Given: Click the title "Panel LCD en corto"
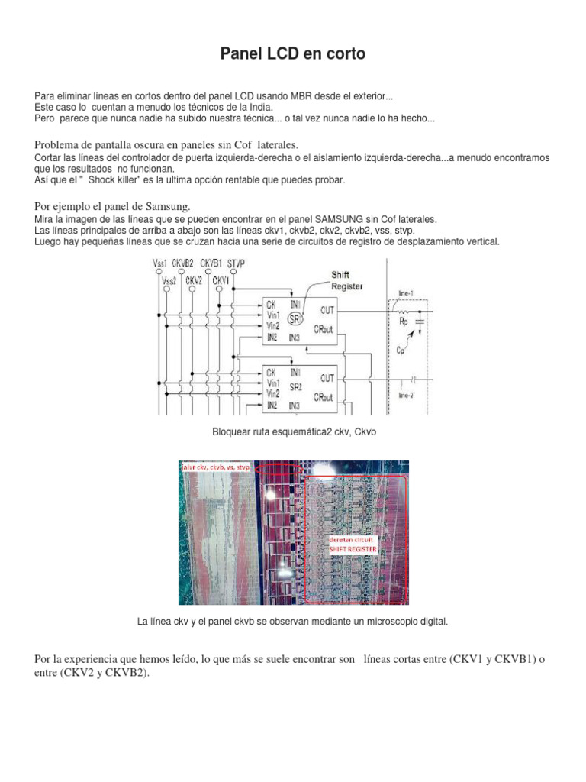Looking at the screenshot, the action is coord(293,53).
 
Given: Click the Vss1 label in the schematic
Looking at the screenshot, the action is coord(160,263).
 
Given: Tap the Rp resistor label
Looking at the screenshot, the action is coord(404,321).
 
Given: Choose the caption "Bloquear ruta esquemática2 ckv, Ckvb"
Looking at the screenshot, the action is coord(294,433).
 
